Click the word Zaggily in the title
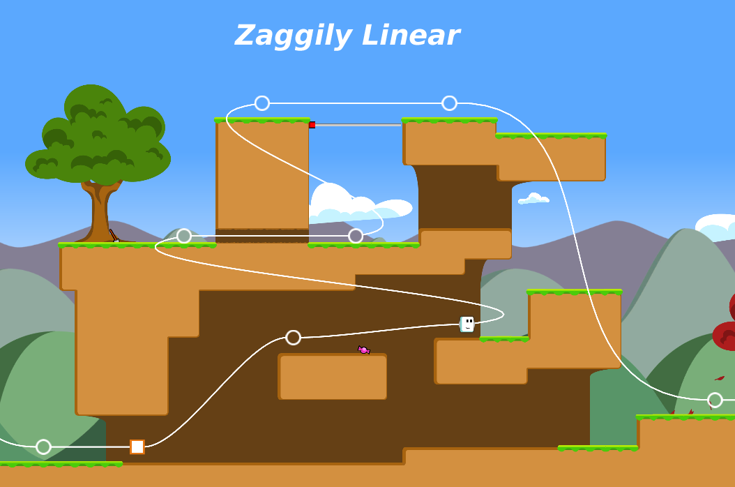click(x=294, y=36)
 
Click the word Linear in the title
click(x=411, y=35)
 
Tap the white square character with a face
click(x=467, y=324)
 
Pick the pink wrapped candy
click(x=364, y=350)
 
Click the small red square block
click(x=312, y=125)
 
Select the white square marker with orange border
click(x=137, y=447)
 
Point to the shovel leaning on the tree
click(x=114, y=235)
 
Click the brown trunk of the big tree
click(x=100, y=211)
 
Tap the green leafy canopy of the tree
click(x=98, y=135)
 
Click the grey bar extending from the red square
click(x=358, y=125)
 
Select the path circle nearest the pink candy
click(x=294, y=337)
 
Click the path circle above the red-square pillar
click(x=262, y=103)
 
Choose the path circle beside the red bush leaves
click(x=715, y=400)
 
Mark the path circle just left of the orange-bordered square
click(x=44, y=447)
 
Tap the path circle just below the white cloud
click(x=356, y=236)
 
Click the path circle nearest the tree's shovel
click(x=184, y=236)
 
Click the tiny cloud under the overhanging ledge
click(x=533, y=198)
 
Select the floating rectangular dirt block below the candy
click(x=333, y=377)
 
